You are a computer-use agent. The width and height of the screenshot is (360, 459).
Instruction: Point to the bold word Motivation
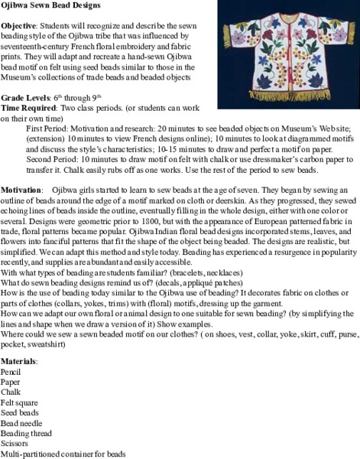[x=21, y=188]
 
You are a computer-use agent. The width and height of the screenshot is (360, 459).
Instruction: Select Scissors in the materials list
[x=15, y=445]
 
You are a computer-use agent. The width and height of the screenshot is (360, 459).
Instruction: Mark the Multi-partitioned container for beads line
[x=63, y=454]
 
